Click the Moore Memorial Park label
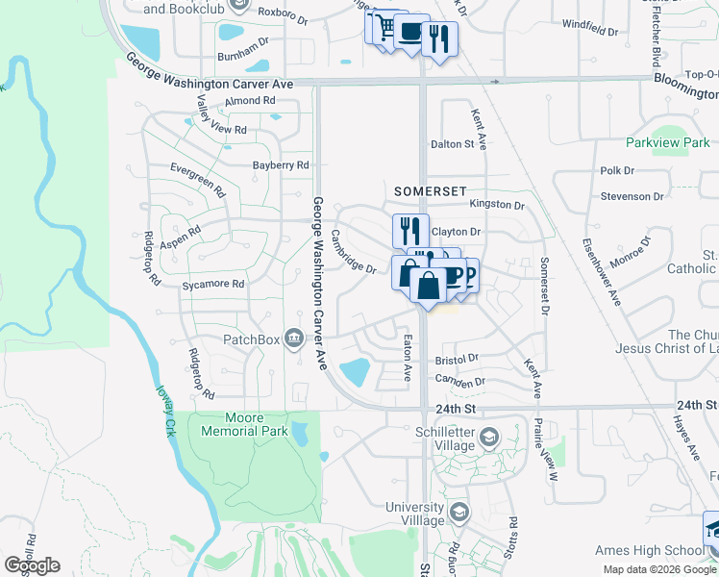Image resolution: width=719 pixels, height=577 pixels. [243, 424]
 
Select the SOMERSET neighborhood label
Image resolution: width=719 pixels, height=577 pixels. [431, 192]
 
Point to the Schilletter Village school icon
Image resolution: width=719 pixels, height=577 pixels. [490, 438]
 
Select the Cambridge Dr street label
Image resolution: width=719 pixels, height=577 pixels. [353, 252]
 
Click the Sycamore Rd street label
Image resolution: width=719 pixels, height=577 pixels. [213, 285]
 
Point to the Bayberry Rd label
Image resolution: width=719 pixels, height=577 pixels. [281, 165]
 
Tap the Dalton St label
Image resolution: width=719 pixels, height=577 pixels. [453, 144]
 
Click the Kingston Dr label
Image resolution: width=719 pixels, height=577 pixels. [497, 205]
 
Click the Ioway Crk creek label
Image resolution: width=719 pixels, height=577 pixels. [166, 411]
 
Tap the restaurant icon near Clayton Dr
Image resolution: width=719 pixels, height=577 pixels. [409, 229]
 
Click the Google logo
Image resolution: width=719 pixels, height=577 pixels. [32, 564]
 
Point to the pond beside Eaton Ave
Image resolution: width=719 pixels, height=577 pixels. [356, 369]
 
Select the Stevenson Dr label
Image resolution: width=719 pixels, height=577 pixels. [632, 196]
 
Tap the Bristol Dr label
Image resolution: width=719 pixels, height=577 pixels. [457, 359]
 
